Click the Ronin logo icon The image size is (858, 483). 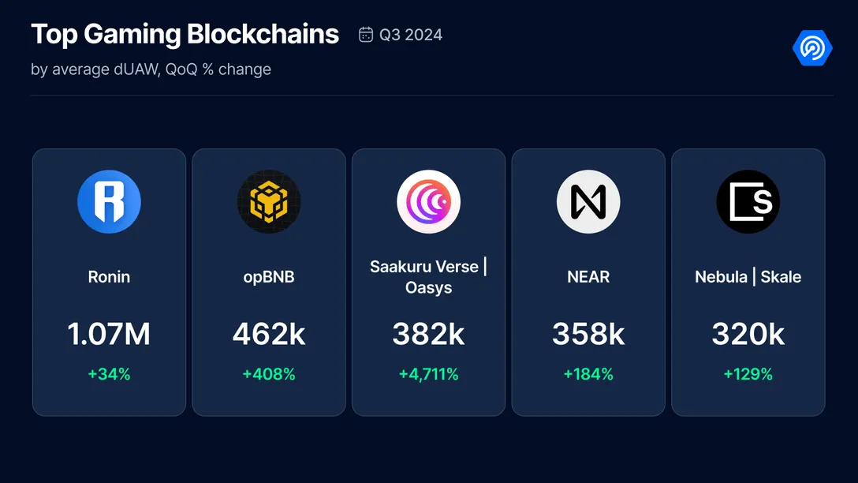[x=109, y=202]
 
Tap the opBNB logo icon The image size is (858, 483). [x=269, y=202]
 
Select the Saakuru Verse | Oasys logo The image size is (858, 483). [x=428, y=202]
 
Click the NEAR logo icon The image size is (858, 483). [x=588, y=202]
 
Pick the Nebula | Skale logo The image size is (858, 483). [x=748, y=202]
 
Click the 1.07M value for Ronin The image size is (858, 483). [x=109, y=335]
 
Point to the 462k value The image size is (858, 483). [x=269, y=335]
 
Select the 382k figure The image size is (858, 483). [x=428, y=335]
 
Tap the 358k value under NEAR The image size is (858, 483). [x=588, y=335]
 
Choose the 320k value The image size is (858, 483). [x=748, y=335]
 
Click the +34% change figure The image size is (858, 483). [x=109, y=374]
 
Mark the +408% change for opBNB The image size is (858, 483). [x=269, y=374]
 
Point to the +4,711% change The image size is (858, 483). [x=428, y=374]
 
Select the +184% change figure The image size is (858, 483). [x=588, y=374]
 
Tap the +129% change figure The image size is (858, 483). [x=748, y=374]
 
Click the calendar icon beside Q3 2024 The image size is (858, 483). [x=366, y=35]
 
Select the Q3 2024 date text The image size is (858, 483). [x=411, y=35]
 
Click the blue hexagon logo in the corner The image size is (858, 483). [x=811, y=48]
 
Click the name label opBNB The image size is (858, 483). [x=269, y=277]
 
